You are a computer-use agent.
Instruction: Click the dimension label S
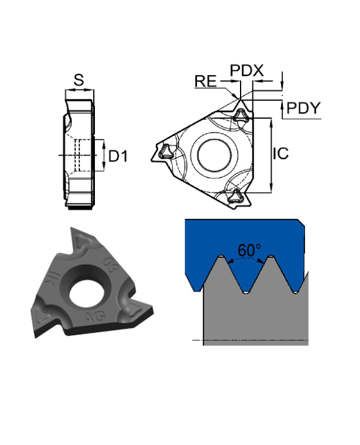pos(79,80)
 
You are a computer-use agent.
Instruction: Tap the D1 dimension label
pos(118,156)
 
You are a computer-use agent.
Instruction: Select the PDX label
pos(247,70)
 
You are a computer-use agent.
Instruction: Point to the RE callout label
pos(205,81)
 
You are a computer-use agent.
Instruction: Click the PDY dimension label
pos(303,108)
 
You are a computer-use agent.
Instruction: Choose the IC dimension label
pos(281,153)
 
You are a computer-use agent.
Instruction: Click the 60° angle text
pos(249,251)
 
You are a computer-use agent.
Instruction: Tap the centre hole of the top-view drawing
pos(214,155)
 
